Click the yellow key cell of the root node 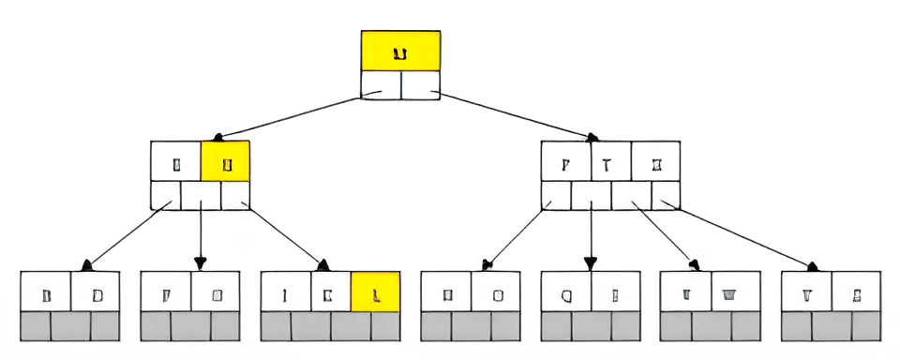400,51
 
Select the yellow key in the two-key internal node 225,160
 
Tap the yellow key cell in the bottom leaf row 376,292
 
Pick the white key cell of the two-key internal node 176,160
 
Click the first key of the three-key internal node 565,160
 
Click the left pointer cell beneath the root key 381,84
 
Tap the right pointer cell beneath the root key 421,84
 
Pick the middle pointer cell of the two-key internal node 201,195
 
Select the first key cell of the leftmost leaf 45,292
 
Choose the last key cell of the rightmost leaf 857,292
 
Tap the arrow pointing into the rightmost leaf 741,234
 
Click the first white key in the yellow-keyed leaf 284,292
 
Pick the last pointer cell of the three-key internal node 667,195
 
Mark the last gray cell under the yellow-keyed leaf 385,326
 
